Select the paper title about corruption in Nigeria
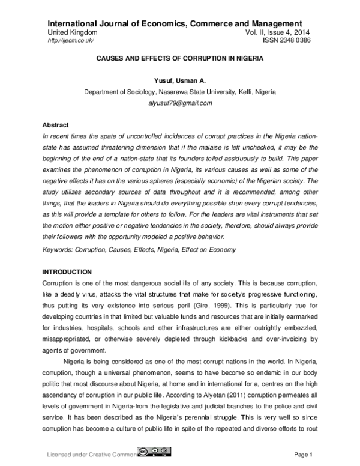coord(179,59)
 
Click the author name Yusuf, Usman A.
coord(180,82)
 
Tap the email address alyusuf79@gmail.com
coord(180,103)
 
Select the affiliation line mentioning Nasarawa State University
coord(180,92)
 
